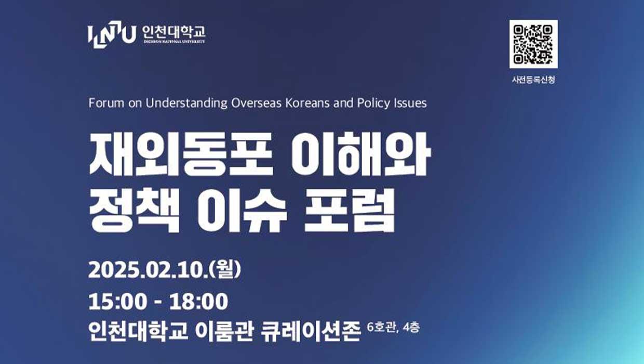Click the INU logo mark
pos(112,34)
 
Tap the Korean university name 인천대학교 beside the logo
pos(174,32)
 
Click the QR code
pos(533,44)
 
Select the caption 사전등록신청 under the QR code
pos(533,80)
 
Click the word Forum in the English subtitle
pos(106,103)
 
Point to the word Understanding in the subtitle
pos(186,103)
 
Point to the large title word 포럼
pos(350,210)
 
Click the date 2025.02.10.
pos(148,270)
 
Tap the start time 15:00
pos(117,302)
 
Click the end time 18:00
pos(199,302)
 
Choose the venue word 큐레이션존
pos(311,331)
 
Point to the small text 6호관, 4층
pos(393,328)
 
